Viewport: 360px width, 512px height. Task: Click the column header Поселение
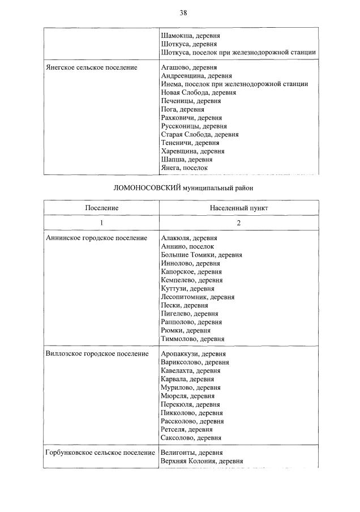point(102,208)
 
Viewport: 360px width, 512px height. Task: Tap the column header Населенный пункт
point(238,208)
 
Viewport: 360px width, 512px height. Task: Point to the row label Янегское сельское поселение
point(91,67)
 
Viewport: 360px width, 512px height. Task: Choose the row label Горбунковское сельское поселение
point(100,453)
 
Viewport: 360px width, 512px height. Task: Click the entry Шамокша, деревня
point(191,35)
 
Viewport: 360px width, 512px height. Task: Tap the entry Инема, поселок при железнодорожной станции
point(234,84)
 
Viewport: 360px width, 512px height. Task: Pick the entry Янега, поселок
point(185,168)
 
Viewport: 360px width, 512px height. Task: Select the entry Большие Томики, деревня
point(202,255)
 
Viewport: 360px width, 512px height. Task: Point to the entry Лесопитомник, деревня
point(198,297)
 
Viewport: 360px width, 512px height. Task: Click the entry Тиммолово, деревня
point(192,339)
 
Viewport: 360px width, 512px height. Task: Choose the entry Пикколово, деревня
point(191,413)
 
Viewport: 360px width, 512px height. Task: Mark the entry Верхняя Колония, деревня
point(202,461)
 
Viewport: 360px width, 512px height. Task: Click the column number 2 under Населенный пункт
point(238,223)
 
